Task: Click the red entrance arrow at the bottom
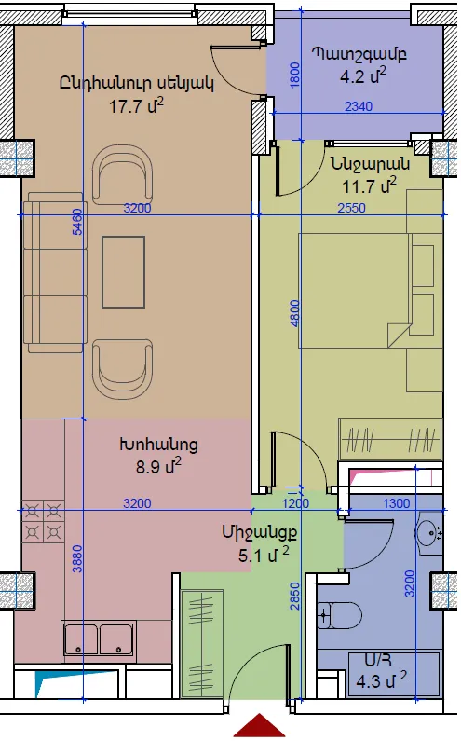[x=259, y=726]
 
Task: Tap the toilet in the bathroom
[x=339, y=615]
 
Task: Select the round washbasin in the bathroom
[x=429, y=532]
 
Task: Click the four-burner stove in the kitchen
[x=43, y=521]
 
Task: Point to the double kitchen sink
[x=98, y=641]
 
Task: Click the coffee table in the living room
[x=123, y=272]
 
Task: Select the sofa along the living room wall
[x=55, y=272]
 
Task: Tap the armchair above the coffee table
[x=122, y=174]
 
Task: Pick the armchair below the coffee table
[x=122, y=369]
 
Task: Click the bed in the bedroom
[x=366, y=290]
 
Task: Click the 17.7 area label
[x=136, y=105]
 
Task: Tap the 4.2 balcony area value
[x=363, y=75]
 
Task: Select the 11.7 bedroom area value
[x=369, y=185]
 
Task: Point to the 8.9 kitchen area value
[x=158, y=466]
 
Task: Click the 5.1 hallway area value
[x=264, y=555]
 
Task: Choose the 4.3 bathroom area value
[x=382, y=681]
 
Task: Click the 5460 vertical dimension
[x=78, y=222]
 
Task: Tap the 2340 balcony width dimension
[x=359, y=106]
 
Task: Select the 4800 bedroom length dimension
[x=294, y=313]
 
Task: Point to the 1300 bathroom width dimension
[x=397, y=503]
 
